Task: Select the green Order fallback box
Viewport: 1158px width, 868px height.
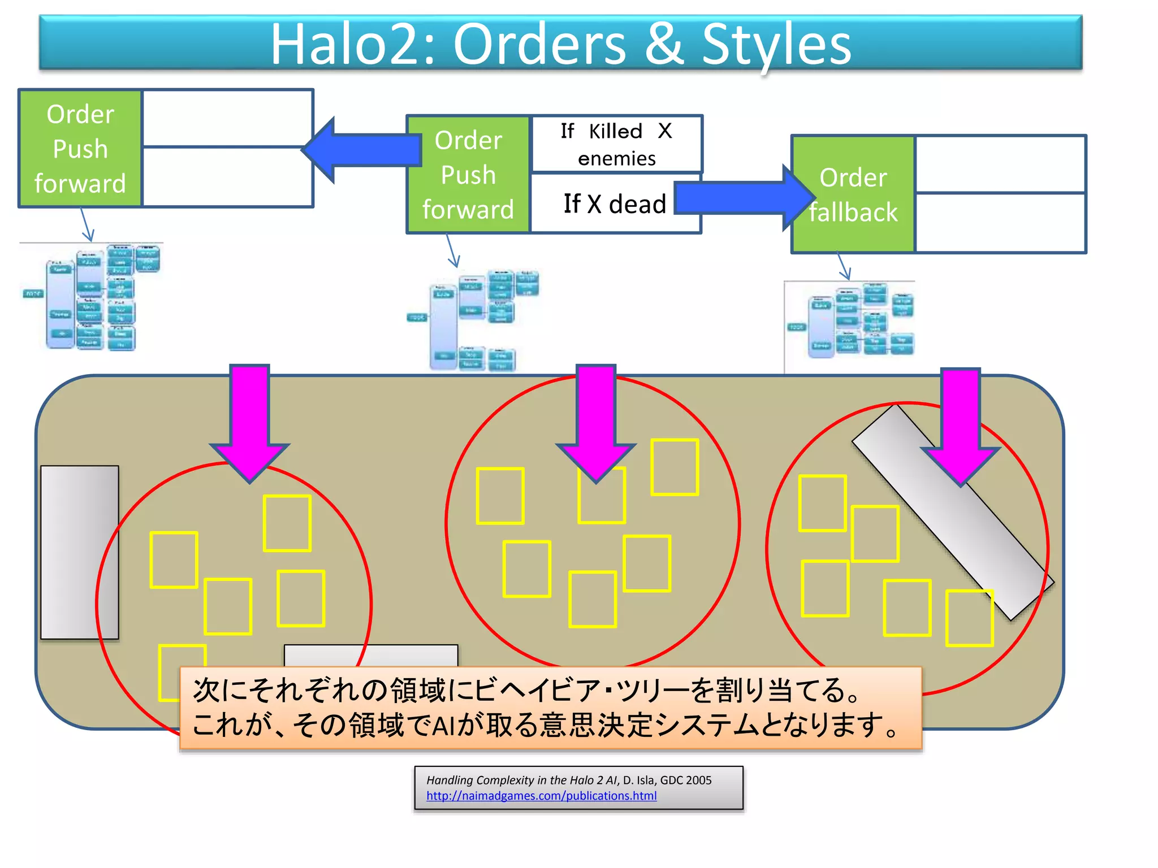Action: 853,194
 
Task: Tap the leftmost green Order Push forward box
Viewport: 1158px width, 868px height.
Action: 80,149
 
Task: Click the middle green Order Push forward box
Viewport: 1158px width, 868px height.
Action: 468,175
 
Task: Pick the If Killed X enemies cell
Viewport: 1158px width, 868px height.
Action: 616,144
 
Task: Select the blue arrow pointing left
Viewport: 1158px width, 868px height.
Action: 362,150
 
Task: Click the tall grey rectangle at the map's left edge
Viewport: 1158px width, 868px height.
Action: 80,552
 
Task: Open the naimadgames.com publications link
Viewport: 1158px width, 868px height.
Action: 541,796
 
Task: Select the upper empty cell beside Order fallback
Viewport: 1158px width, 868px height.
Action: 1000,164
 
